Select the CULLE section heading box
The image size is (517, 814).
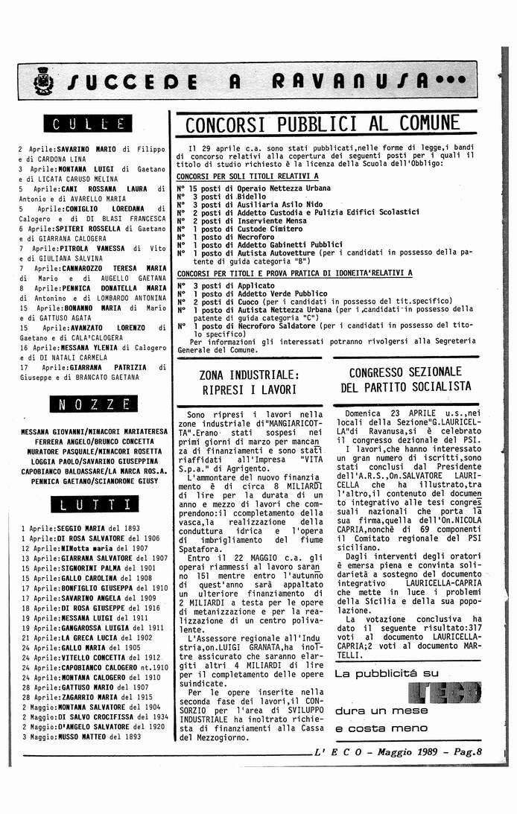(x=88, y=124)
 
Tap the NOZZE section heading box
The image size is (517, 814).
(x=88, y=405)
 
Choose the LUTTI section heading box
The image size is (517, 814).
(x=89, y=504)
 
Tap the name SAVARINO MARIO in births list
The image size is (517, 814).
(x=86, y=149)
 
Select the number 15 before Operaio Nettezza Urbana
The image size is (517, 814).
(x=192, y=188)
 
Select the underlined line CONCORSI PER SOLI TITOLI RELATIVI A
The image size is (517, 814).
(x=247, y=176)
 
